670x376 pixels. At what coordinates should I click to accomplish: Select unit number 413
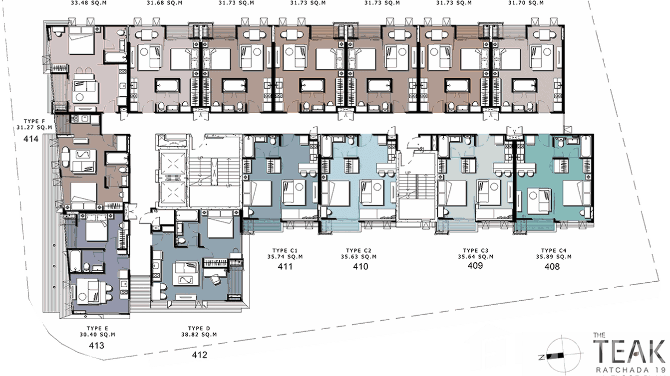pyautogui.click(x=96, y=345)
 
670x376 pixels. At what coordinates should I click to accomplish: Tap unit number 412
pyautogui.click(x=200, y=355)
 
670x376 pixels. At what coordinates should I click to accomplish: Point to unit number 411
pyautogui.click(x=285, y=267)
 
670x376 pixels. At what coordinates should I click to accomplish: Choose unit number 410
pyautogui.click(x=360, y=267)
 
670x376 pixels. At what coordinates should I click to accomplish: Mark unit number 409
pyautogui.click(x=475, y=266)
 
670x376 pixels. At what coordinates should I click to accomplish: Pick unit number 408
pyautogui.click(x=552, y=267)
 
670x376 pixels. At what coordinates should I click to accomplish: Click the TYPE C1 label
pyautogui.click(x=285, y=250)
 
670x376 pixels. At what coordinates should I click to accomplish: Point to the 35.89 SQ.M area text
pyautogui.click(x=554, y=257)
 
